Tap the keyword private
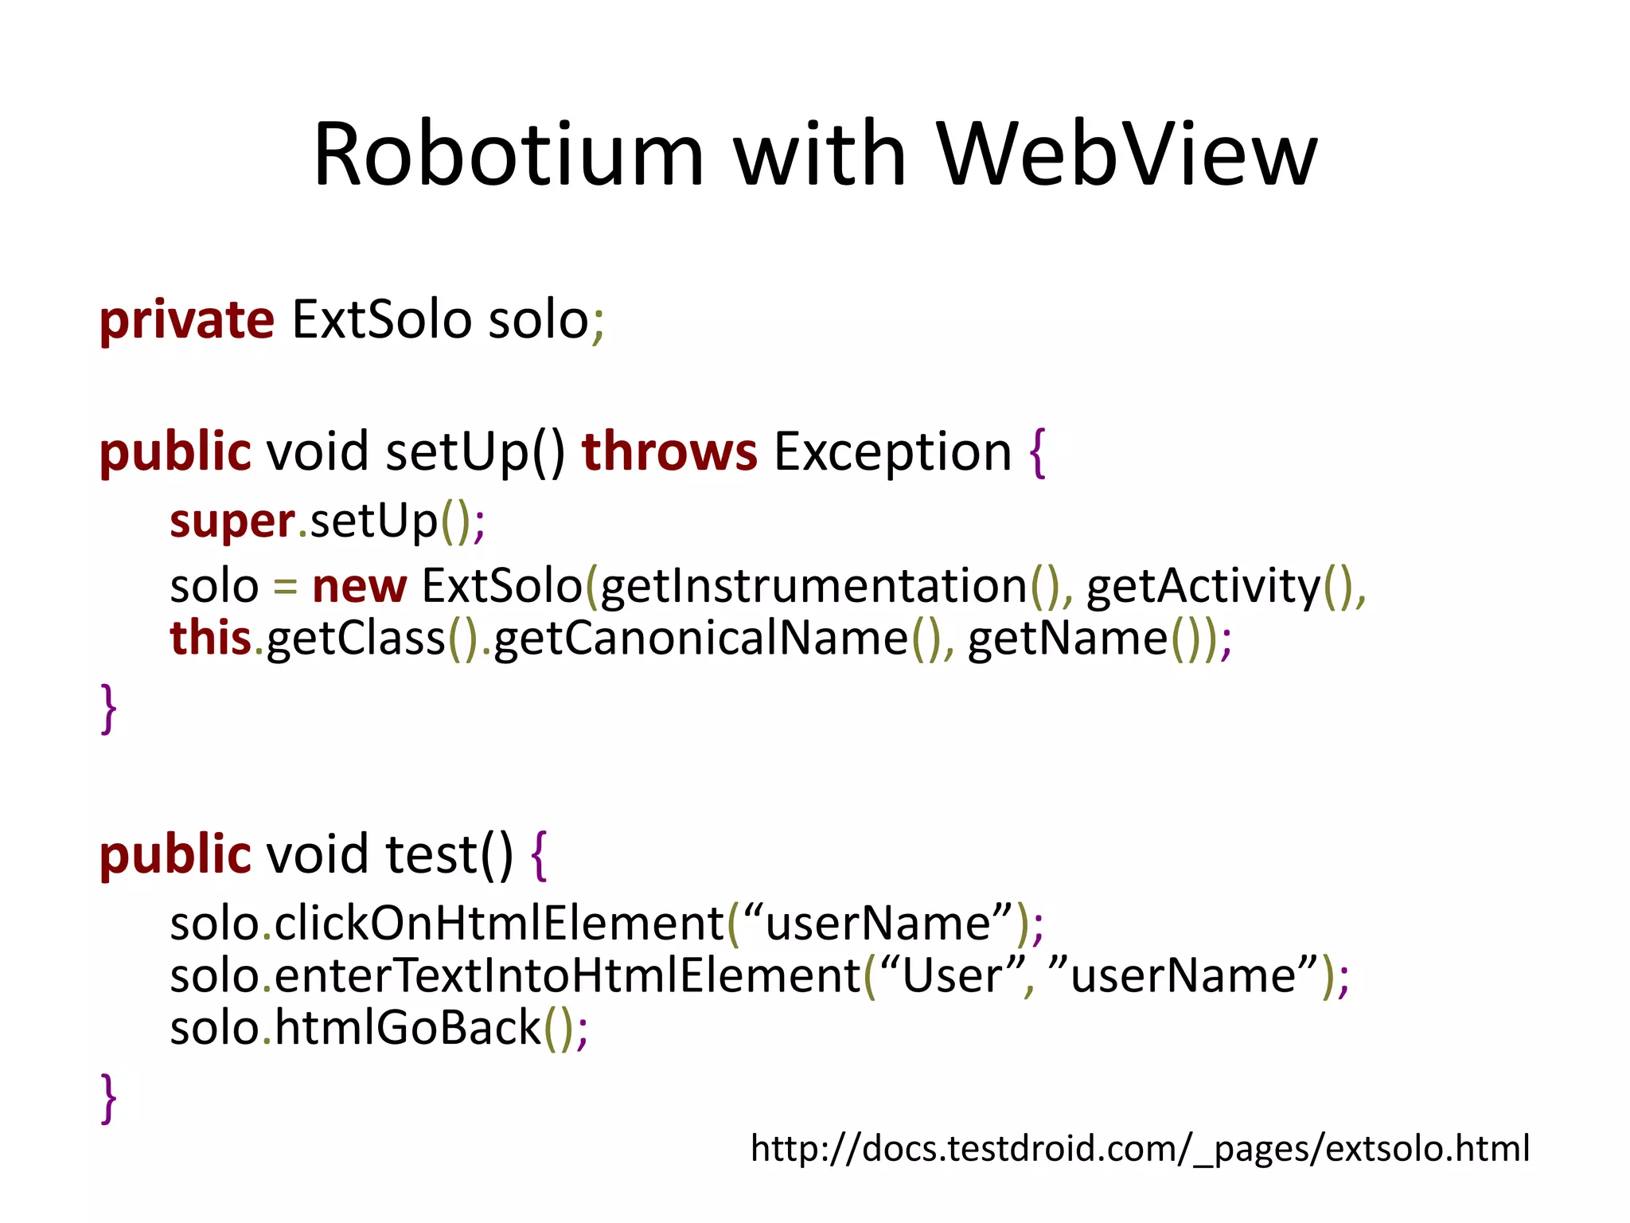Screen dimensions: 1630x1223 187,321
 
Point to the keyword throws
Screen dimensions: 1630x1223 669,451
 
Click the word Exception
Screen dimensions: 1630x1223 892,452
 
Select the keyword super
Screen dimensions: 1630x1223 232,522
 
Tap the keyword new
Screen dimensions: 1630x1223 359,587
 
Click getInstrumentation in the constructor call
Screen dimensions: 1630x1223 813,587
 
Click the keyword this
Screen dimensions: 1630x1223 210,639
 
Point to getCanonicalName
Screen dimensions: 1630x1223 700,639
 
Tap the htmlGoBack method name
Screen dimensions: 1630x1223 408,1028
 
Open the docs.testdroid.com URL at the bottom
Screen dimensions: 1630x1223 1140,1149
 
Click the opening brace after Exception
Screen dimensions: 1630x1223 1036,452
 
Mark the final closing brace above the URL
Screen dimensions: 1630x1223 109,1098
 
